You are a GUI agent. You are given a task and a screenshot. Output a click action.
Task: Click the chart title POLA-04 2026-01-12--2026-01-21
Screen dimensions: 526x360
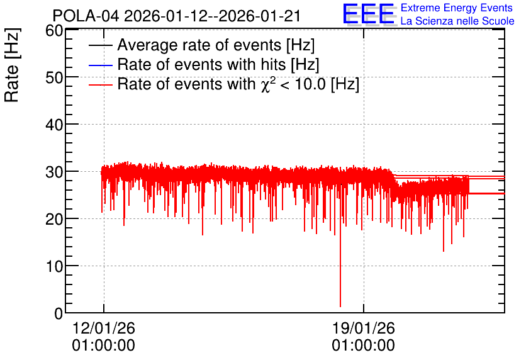point(176,16)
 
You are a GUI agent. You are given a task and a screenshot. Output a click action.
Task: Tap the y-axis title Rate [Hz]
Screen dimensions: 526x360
point(12,65)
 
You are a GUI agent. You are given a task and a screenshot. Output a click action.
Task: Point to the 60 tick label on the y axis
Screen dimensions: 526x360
point(54,31)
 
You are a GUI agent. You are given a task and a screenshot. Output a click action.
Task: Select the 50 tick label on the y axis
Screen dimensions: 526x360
point(54,77)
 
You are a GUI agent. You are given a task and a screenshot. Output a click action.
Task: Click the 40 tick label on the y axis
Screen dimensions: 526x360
point(54,125)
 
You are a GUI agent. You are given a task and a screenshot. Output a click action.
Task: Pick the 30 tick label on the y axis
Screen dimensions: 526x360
point(54,172)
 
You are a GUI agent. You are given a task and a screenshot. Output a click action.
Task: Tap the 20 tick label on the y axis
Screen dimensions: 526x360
point(54,220)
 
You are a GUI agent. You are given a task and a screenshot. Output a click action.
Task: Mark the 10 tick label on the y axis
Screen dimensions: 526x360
point(54,267)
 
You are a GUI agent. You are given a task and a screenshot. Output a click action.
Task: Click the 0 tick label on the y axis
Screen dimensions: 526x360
point(59,313)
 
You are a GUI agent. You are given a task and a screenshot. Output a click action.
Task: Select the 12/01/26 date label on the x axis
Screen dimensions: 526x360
point(104,328)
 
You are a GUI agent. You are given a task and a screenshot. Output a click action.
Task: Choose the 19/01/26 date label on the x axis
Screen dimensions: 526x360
point(363,328)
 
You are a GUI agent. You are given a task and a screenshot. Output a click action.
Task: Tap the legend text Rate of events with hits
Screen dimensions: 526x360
point(201,64)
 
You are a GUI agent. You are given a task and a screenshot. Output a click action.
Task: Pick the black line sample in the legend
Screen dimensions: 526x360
point(100,45)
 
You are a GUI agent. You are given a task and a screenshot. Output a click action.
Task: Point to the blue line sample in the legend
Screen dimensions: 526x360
point(100,65)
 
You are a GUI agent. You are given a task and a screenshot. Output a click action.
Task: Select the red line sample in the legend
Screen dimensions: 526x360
point(100,84)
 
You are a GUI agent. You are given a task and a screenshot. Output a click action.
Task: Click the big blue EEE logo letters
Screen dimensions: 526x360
point(369,14)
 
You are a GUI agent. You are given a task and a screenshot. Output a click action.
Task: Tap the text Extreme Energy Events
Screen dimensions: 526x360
point(457,8)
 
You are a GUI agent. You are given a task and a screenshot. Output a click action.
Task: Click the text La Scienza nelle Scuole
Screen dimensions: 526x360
point(457,21)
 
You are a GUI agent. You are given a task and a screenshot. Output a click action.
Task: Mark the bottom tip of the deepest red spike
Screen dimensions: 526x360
point(340,307)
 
